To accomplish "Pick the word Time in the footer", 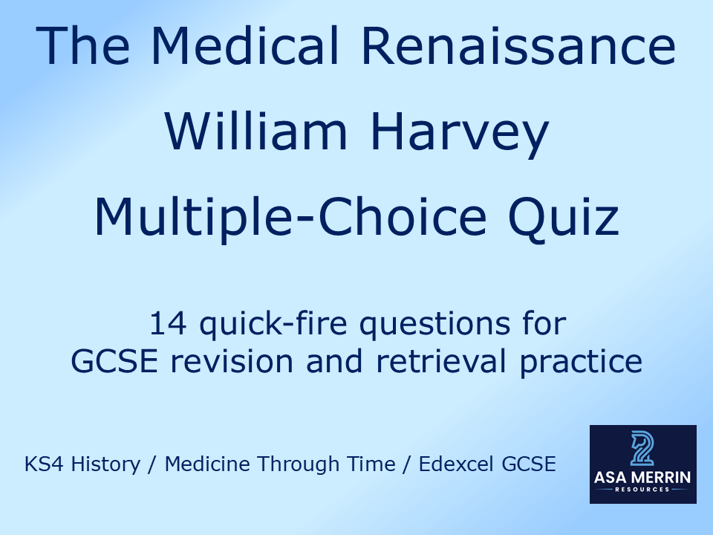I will tap(374, 464).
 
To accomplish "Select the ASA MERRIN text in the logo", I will tap(642, 477).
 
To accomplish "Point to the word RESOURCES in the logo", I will tap(642, 490).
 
